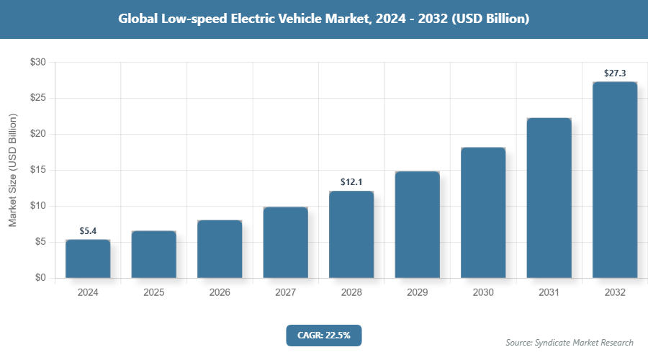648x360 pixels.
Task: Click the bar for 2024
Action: click(x=88, y=259)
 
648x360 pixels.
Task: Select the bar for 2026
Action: click(x=220, y=249)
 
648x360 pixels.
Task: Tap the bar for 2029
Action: click(x=417, y=225)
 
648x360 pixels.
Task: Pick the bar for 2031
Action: click(x=549, y=198)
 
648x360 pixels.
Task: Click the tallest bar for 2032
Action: click(x=615, y=180)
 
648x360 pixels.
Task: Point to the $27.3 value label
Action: click(x=615, y=73)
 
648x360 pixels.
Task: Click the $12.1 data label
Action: click(x=351, y=182)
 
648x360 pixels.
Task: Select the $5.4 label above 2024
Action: click(x=88, y=231)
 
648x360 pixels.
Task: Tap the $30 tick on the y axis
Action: click(x=38, y=63)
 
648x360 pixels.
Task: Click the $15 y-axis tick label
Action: click(x=38, y=170)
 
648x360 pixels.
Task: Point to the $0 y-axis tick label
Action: click(x=40, y=278)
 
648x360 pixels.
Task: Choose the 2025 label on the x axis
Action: click(x=153, y=293)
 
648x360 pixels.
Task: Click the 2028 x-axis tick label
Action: click(x=351, y=293)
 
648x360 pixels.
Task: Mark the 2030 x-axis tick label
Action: click(x=483, y=293)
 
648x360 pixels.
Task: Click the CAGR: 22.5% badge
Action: click(x=323, y=335)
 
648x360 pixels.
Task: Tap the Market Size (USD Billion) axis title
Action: click(x=12, y=170)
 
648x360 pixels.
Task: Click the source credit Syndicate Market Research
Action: click(x=570, y=342)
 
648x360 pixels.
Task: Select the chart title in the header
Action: click(x=324, y=19)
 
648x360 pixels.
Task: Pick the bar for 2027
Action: click(x=285, y=243)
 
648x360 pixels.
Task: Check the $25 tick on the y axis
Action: click(x=38, y=98)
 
